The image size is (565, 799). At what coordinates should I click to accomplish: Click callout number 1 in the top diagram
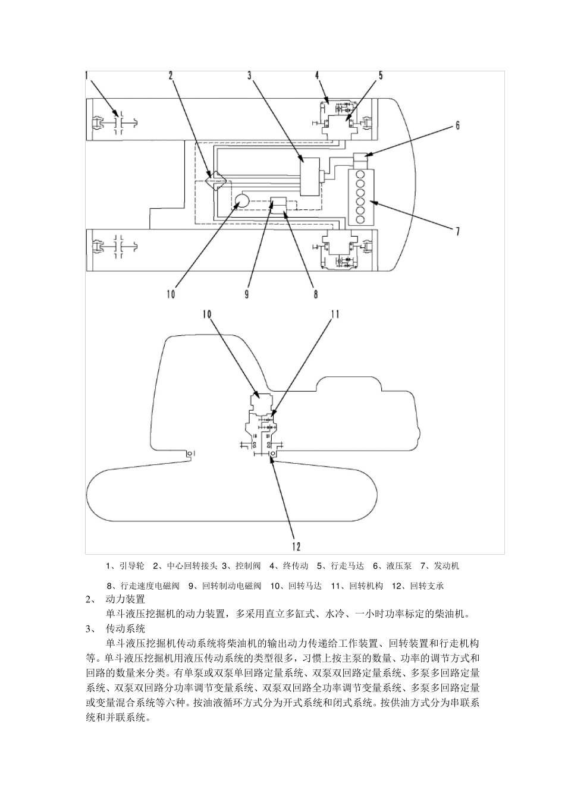(x=87, y=76)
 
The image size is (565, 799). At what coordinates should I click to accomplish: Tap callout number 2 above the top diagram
(x=171, y=76)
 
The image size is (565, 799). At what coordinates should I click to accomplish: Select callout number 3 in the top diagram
(x=250, y=76)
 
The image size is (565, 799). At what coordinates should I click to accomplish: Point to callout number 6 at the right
(x=457, y=125)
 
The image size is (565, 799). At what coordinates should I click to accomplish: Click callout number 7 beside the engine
(x=457, y=231)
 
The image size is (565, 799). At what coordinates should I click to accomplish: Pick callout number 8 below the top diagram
(x=315, y=293)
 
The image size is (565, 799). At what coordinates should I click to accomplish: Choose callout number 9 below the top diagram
(x=246, y=293)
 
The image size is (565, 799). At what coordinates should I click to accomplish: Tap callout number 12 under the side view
(x=296, y=546)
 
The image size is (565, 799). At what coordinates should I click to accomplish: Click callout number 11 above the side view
(x=335, y=314)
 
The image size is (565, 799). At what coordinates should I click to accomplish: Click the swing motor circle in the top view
(x=241, y=201)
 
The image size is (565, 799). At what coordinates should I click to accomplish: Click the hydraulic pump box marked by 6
(x=361, y=159)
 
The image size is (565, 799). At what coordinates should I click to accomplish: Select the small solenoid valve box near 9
(x=278, y=203)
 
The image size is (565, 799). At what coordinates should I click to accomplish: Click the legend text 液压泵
(x=399, y=565)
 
